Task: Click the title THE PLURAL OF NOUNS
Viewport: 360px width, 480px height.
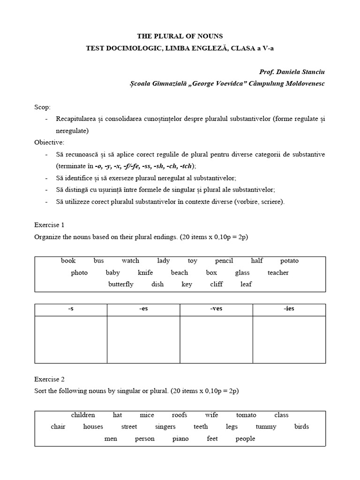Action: [180, 36]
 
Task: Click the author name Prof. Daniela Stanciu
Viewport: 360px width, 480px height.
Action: [291, 72]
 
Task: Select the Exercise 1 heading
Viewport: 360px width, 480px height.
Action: [49, 225]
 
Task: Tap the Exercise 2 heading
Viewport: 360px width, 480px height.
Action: [49, 379]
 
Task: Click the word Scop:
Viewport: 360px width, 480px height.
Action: [42, 107]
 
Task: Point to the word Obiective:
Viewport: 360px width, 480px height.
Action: [49, 142]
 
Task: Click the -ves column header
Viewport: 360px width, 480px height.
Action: [216, 309]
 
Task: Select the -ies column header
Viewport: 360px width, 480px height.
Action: [289, 309]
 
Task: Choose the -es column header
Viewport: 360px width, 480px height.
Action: [143, 309]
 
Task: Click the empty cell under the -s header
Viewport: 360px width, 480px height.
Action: [71, 339]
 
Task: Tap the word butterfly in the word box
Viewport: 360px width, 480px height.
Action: [120, 284]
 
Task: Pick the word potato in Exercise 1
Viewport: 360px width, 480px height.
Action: [289, 261]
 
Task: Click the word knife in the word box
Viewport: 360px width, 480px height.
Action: [145, 272]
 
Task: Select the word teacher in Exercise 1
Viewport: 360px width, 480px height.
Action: [278, 272]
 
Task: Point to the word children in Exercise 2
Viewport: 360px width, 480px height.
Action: [83, 415]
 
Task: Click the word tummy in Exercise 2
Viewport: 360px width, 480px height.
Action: [266, 427]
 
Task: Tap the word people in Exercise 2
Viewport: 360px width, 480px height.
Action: [245, 439]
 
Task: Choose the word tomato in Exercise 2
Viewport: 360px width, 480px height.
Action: [246, 415]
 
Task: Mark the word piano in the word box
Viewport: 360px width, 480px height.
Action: [180, 439]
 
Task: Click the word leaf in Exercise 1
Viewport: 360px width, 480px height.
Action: [246, 284]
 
